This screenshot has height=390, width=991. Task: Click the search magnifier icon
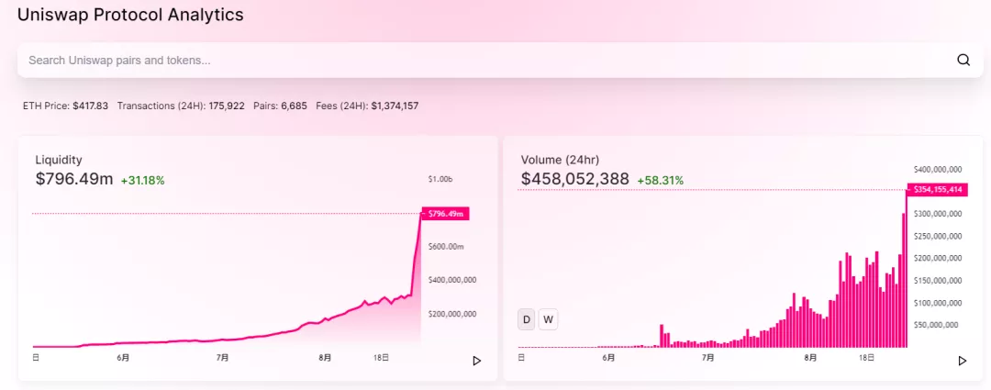tap(963, 61)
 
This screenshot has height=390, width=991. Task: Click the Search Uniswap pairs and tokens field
tap(459, 61)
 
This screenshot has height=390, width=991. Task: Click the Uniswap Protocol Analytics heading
tap(130, 15)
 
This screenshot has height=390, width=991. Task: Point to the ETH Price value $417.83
tap(91, 106)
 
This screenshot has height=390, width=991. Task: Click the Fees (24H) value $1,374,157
tap(395, 106)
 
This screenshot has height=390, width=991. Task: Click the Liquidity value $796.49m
tap(74, 180)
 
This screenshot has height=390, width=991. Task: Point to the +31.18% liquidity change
tap(142, 181)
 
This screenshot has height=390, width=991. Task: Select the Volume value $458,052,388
tap(575, 180)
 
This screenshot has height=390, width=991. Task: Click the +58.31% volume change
tap(661, 181)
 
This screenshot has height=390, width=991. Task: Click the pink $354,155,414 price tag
tap(936, 190)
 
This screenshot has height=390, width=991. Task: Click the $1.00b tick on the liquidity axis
tap(440, 179)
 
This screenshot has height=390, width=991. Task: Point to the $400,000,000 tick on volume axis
tap(937, 170)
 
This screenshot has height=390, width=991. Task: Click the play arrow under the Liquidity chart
tap(476, 361)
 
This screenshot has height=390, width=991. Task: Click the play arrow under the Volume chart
tap(962, 361)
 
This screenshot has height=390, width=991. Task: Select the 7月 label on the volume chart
tap(707, 358)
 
